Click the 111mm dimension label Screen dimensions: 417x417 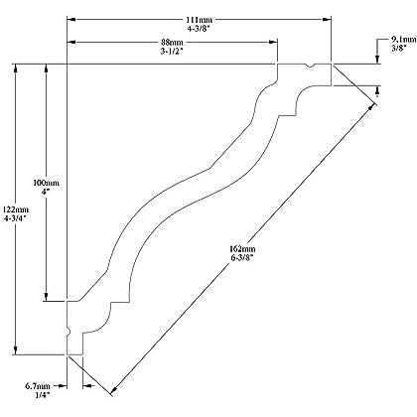coord(199,20)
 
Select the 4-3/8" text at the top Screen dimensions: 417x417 coord(199,29)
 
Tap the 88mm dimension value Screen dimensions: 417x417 coord(172,43)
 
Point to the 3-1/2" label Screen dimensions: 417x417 coord(172,52)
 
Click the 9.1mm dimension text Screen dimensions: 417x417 coord(403,40)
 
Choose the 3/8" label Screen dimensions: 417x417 coord(399,49)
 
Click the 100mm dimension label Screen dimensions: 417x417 coord(46,183)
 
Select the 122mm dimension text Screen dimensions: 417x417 coord(16,209)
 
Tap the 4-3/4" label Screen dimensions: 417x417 coord(15,218)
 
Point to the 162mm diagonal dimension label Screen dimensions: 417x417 coord(242,249)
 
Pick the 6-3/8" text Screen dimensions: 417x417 coord(242,258)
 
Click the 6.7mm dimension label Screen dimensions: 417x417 coord(38,386)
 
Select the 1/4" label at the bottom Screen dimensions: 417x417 coord(43,394)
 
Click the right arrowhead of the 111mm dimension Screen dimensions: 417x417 coord(327,20)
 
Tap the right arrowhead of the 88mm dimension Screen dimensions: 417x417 coord(273,42)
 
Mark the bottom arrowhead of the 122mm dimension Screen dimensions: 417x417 coord(15,350)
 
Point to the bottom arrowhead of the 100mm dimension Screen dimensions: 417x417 coord(47,297)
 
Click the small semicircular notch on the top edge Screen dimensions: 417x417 coord(310,66)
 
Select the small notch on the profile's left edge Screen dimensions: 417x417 coord(69,332)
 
